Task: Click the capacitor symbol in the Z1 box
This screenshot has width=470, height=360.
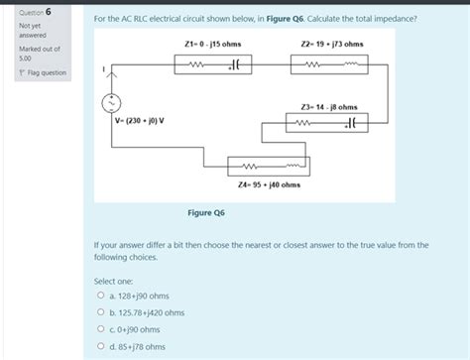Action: point(235,65)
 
